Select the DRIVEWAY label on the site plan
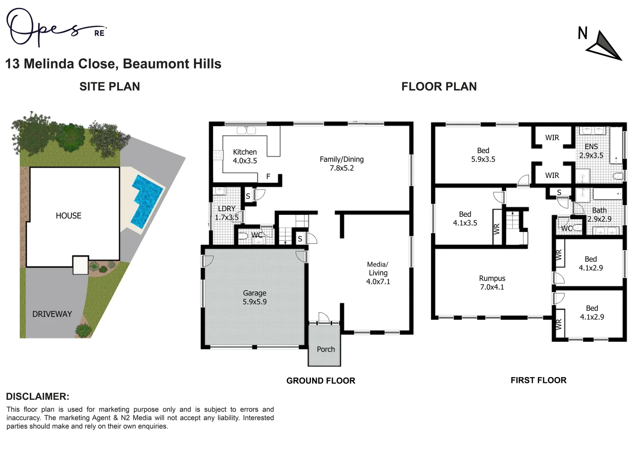point(52,314)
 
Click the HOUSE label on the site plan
point(68,216)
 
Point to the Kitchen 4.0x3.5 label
point(245,156)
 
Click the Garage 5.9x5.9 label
point(255,297)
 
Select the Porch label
point(326,349)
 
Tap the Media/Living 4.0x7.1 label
point(378,273)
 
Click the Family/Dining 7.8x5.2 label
point(342,164)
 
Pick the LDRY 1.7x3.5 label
point(226,213)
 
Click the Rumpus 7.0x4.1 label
point(492,282)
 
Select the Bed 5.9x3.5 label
point(483,155)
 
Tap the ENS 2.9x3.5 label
point(591,151)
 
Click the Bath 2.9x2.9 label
point(599,214)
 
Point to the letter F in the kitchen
point(268,177)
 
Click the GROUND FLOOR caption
point(321,381)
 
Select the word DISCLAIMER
point(37,396)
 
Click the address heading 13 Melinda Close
point(113,64)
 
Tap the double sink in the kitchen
point(246,130)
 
